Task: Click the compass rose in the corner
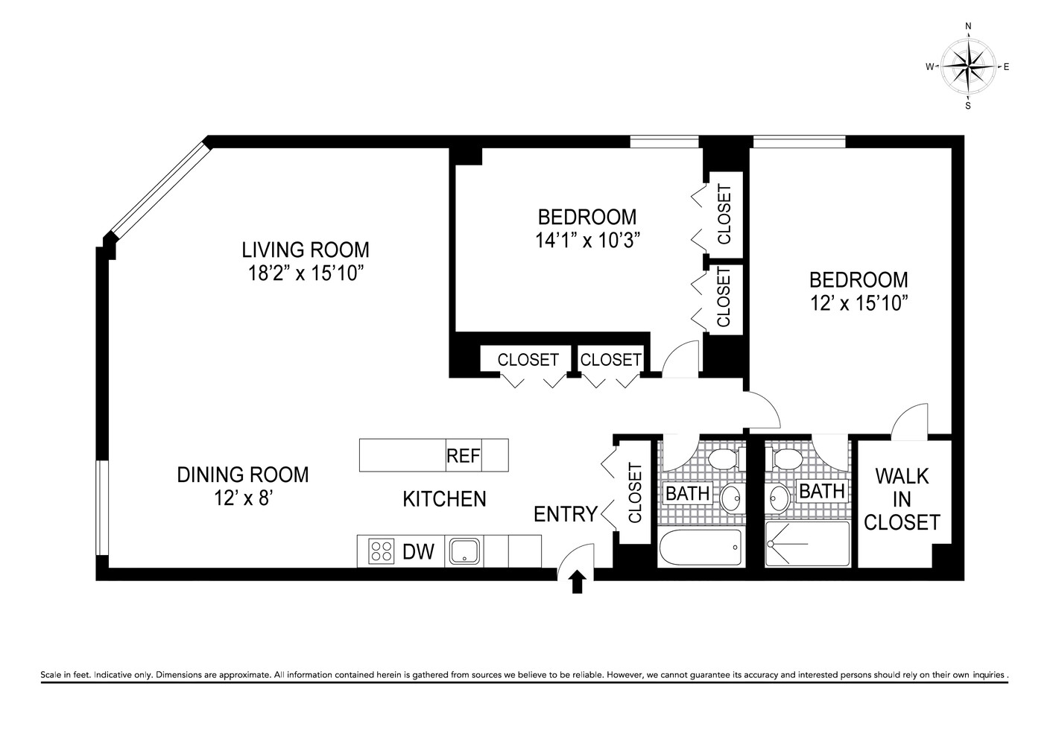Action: [967, 67]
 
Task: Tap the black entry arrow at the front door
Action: [577, 582]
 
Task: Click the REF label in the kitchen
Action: [463, 455]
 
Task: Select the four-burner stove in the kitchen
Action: [382, 551]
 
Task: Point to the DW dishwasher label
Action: [418, 552]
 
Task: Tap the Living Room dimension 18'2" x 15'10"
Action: [305, 273]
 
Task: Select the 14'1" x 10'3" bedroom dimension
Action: [587, 241]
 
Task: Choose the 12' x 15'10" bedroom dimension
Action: [858, 303]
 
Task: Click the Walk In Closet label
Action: [902, 499]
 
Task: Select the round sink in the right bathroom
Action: [780, 498]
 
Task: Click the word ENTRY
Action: [566, 514]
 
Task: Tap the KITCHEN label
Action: [444, 498]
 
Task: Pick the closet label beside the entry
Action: [636, 492]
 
